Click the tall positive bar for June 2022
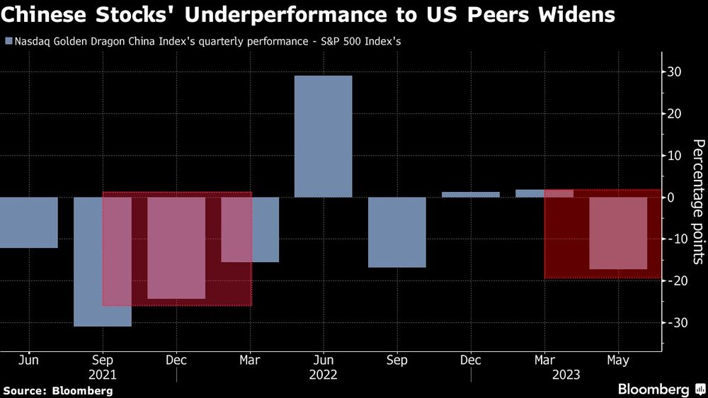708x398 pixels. pyautogui.click(x=323, y=136)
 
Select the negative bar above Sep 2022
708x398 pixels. pyautogui.click(x=396, y=232)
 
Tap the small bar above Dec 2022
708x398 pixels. pyautogui.click(x=470, y=194)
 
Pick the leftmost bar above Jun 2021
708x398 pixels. pyautogui.click(x=28, y=222)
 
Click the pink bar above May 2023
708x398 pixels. pyautogui.click(x=618, y=234)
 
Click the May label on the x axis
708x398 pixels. pyautogui.click(x=619, y=360)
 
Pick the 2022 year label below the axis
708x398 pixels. pyautogui.click(x=324, y=375)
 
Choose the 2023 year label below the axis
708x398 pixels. pyautogui.click(x=566, y=375)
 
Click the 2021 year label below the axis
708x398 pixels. pyautogui.click(x=103, y=375)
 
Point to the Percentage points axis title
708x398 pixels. pyautogui.click(x=698, y=201)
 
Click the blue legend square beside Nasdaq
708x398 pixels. pyautogui.click(x=8, y=41)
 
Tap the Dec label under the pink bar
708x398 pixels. pyautogui.click(x=176, y=360)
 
